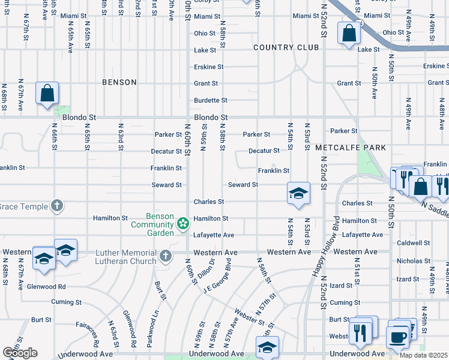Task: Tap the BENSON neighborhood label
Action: tap(119, 82)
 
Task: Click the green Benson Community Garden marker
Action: tap(182, 224)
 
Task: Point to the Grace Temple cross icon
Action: tap(57, 206)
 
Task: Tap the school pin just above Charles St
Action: tap(298, 194)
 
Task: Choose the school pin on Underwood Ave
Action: tap(267, 347)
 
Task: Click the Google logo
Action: tap(20, 353)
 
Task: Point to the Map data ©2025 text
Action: tap(423, 355)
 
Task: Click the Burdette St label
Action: tap(210, 100)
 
